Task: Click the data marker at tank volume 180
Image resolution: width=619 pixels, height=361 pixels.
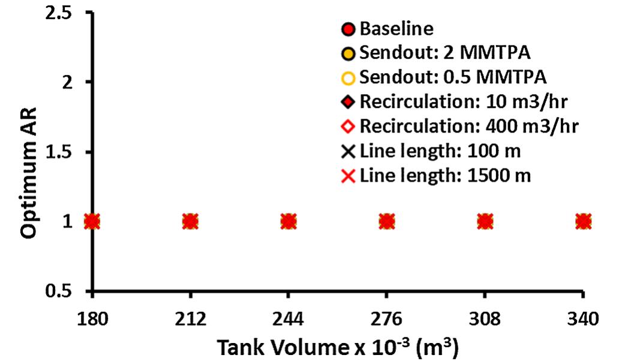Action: click(92, 221)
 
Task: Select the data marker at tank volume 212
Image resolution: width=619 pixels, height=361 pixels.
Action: click(190, 221)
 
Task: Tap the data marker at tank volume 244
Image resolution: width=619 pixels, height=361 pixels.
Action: click(289, 221)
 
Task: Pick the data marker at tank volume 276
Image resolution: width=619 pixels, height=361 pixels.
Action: click(387, 221)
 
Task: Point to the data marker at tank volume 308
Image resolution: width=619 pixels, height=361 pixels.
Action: click(485, 221)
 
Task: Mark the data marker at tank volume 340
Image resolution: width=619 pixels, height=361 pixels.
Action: click(583, 221)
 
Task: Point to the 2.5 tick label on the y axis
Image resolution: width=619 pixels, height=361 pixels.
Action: click(59, 13)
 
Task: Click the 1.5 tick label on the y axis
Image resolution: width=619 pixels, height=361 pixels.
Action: click(59, 152)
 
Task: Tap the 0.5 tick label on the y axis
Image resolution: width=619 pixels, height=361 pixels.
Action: click(59, 292)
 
